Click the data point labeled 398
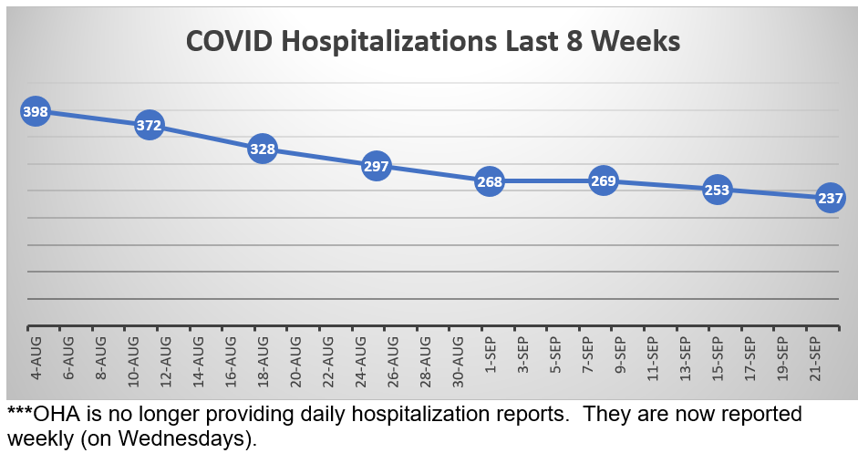(35, 112)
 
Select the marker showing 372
(149, 126)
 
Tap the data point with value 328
(263, 149)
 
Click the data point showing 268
(490, 181)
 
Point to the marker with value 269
(604, 181)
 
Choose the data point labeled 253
(718, 190)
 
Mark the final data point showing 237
(831, 198)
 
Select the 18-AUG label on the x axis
(263, 359)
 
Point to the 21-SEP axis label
(815, 359)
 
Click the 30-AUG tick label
(457, 359)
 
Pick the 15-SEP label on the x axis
(718, 359)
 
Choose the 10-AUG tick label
(133, 359)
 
